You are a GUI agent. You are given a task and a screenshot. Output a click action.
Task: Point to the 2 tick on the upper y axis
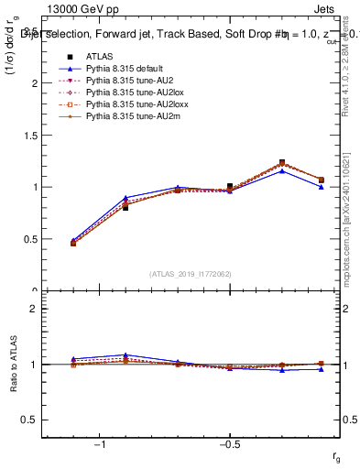[38, 83]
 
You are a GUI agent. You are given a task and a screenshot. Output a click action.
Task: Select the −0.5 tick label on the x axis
[229, 444]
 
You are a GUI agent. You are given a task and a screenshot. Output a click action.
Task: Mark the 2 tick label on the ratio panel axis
[38, 309]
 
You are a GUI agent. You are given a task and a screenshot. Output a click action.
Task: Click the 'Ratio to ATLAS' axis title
[13, 364]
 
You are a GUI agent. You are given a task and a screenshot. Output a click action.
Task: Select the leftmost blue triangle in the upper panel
[73, 240]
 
